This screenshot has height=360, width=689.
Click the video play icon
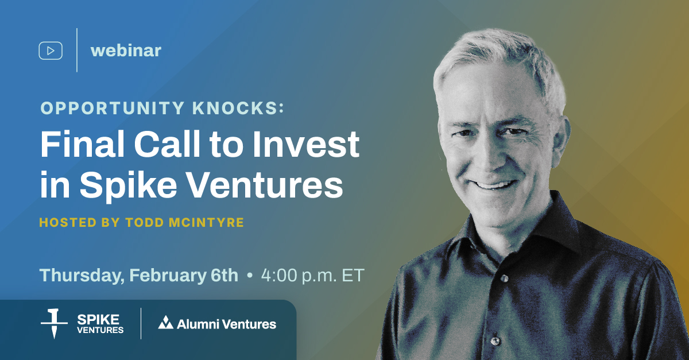tap(51, 51)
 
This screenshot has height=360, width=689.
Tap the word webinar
tap(126, 51)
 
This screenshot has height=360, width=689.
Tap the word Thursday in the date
tap(79, 275)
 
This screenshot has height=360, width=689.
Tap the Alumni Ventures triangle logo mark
tap(166, 323)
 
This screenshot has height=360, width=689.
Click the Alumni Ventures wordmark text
tap(226, 324)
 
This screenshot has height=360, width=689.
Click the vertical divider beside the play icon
tap(77, 51)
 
